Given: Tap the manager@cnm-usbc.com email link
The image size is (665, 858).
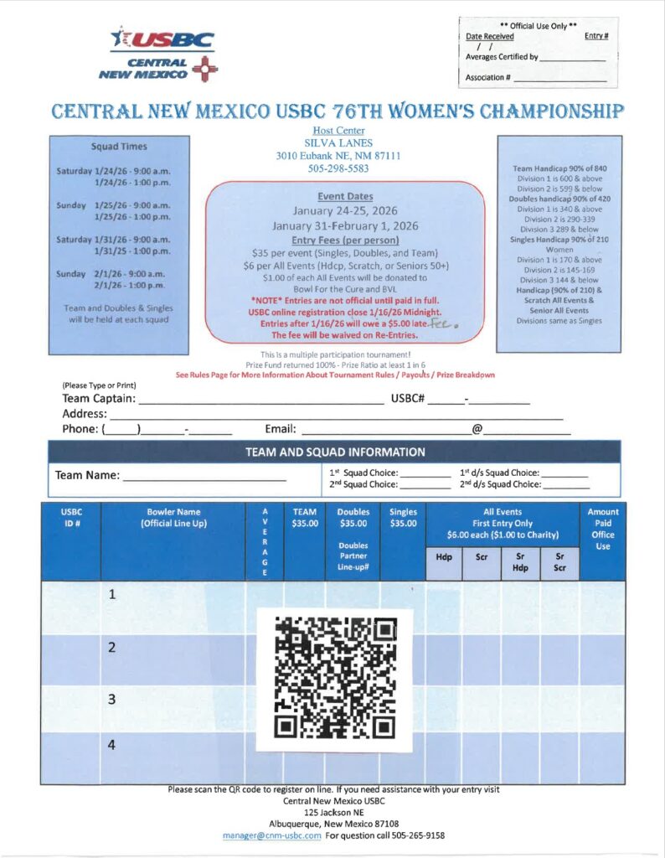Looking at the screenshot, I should [x=271, y=835].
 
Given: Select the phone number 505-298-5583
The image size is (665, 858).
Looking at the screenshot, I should [x=334, y=168].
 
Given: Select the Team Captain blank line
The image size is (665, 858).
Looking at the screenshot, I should [x=260, y=399].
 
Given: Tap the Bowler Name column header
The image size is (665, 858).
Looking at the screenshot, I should [x=173, y=518].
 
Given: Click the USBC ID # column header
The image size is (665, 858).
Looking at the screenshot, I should [x=71, y=518].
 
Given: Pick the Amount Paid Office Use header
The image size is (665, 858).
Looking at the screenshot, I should [x=602, y=529].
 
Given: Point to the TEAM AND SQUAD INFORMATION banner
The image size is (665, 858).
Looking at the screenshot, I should [x=334, y=452].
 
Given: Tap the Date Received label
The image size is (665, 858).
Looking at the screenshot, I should [x=490, y=36].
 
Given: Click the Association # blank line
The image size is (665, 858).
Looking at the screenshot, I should [x=559, y=78].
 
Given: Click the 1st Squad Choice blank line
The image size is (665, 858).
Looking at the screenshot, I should [x=425, y=472].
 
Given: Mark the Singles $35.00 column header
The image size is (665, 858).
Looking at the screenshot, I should [x=403, y=518].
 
